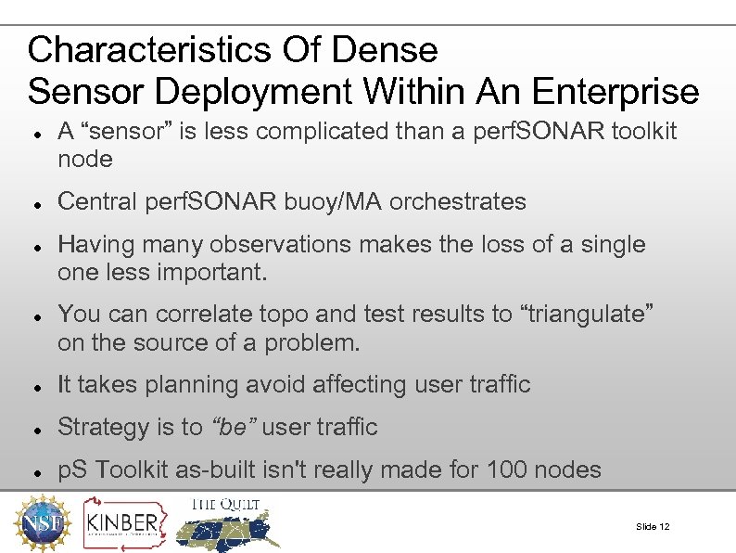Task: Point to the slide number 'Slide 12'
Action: (x=653, y=527)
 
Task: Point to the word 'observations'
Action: (x=281, y=245)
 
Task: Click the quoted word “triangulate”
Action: (x=590, y=315)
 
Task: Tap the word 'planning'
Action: (x=203, y=384)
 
